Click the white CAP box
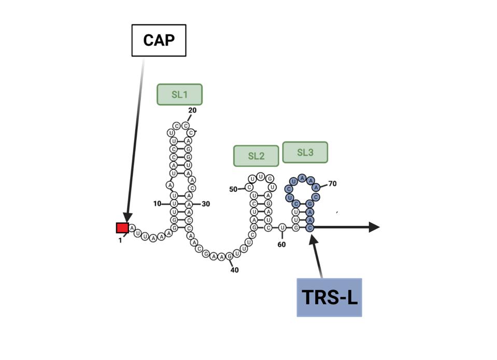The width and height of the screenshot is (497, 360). click(159, 40)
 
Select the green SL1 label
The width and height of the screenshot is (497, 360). click(179, 95)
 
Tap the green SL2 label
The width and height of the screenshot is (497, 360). click(256, 156)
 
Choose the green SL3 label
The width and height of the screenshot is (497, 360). click(305, 152)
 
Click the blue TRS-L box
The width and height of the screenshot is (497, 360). click(329, 297)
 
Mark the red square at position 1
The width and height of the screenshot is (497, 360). click(122, 228)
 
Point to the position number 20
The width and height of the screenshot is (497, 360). click(192, 110)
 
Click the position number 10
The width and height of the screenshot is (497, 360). click(158, 204)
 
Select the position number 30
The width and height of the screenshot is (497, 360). click(206, 204)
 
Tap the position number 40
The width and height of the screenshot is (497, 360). click(234, 270)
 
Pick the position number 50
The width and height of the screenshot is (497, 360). click(233, 189)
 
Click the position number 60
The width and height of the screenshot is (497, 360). click(281, 244)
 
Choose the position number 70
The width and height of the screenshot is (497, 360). click(332, 183)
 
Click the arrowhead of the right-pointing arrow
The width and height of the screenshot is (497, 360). click(374, 227)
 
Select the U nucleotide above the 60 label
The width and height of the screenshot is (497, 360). click(282, 227)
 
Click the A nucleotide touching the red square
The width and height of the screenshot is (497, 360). click(132, 228)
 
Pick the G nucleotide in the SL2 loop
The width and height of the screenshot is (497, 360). click(269, 179)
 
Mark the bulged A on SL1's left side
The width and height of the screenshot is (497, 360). click(169, 185)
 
